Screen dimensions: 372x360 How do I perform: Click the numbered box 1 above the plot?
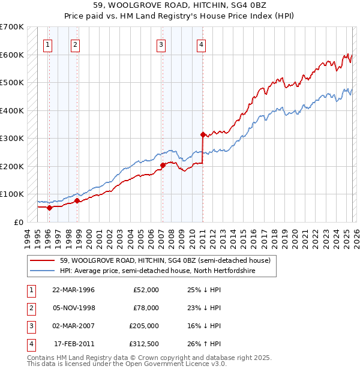pos(47,44)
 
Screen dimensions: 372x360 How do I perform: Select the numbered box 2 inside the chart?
pos(75,44)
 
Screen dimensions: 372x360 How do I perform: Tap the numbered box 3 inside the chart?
pos(161,44)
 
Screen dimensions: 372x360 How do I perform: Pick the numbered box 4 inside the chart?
pos(202,44)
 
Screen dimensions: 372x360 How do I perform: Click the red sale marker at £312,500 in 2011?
pos(203,134)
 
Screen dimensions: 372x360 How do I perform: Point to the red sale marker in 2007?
pos(163,164)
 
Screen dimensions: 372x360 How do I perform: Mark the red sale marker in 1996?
pos(49,208)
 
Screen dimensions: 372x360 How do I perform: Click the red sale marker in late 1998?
pos(77,200)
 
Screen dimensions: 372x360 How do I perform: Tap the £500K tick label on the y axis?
pos(12,82)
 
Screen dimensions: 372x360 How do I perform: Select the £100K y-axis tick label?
pos(12,194)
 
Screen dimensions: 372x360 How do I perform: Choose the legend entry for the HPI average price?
pos(158,271)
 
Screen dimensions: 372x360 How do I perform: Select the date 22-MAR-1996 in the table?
pos(73,290)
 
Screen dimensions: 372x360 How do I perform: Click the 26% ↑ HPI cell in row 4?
pos(204,344)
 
